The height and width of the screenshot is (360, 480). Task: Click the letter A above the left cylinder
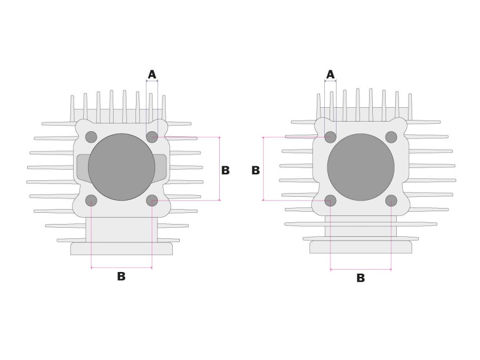click(x=152, y=74)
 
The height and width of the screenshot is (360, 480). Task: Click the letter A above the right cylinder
click(x=330, y=74)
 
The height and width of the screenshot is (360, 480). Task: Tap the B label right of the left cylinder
click(x=225, y=170)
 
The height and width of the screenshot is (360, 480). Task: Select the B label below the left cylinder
click(x=121, y=276)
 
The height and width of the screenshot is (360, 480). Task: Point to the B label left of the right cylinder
click(x=255, y=170)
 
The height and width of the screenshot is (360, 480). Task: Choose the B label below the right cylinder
click(x=361, y=278)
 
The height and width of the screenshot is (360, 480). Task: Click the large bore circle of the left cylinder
click(x=122, y=167)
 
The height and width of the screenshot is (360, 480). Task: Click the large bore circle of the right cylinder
click(x=361, y=167)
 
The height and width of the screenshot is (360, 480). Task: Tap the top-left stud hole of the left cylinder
click(x=91, y=137)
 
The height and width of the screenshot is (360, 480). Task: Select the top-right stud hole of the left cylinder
click(x=152, y=137)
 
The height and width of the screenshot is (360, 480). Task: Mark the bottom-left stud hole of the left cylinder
click(x=91, y=201)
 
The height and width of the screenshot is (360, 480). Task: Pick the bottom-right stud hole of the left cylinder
click(x=152, y=201)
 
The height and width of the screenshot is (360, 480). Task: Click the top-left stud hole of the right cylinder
click(x=331, y=137)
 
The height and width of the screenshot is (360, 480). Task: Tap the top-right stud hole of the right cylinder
click(x=391, y=137)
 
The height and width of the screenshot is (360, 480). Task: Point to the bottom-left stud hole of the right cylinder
click(x=331, y=201)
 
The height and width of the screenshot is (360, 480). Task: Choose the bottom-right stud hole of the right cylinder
click(x=391, y=201)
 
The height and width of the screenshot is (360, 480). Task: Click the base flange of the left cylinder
click(x=122, y=249)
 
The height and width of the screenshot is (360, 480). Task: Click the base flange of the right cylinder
click(x=361, y=247)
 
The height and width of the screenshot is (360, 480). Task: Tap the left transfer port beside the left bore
click(x=83, y=167)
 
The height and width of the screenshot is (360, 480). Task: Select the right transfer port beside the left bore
click(x=160, y=167)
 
